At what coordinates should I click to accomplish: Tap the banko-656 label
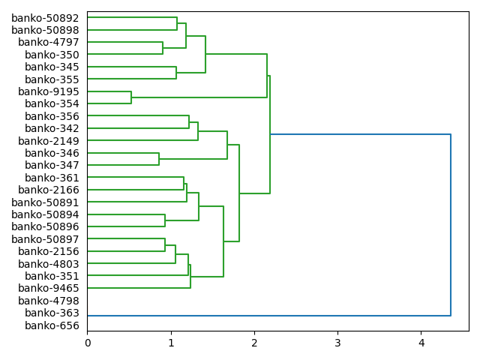tap(52, 325)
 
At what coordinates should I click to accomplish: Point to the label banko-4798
tap(49, 301)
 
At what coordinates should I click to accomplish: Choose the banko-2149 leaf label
tap(49, 141)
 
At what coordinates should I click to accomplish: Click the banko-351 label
tap(52, 276)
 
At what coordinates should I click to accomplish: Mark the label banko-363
tap(52, 313)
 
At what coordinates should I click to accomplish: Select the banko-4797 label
tap(49, 42)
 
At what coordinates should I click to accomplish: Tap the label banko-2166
tap(49, 190)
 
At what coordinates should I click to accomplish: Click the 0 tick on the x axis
tap(87, 343)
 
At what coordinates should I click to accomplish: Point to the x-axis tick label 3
tap(337, 343)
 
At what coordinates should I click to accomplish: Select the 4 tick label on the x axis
tap(421, 343)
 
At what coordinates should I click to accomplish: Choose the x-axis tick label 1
tap(170, 343)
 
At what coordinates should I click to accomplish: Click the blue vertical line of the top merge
tap(451, 225)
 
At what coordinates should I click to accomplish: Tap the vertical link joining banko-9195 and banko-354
tap(131, 97)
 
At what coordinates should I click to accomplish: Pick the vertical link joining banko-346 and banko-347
tap(159, 159)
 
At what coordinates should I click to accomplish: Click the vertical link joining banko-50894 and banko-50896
tap(165, 220)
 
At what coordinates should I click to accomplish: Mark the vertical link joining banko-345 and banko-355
tap(176, 73)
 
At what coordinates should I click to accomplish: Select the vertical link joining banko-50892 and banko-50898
tap(177, 24)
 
